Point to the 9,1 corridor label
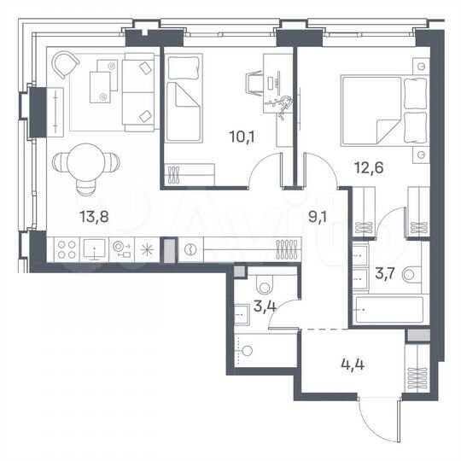[318, 216]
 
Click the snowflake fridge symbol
[147, 250]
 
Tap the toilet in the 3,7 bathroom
[412, 273]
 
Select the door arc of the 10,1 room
[266, 171]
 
